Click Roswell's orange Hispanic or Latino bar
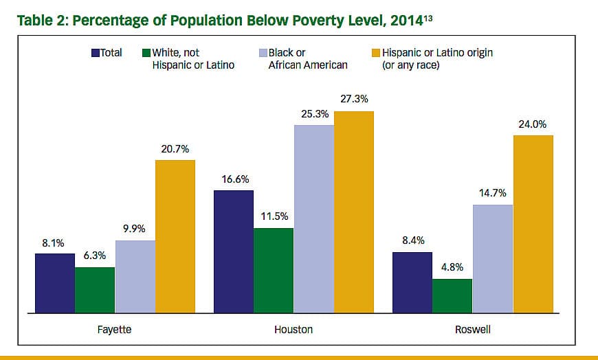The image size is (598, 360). pyautogui.click(x=533, y=224)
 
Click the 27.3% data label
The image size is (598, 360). pyautogui.click(x=354, y=99)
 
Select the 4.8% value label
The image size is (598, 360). pyautogui.click(x=452, y=267)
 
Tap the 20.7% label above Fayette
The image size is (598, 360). pyautogui.click(x=175, y=148)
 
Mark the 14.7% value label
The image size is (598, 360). pyautogui.click(x=492, y=192)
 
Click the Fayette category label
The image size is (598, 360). pyautogui.click(x=115, y=330)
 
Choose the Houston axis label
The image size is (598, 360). pyautogui.click(x=294, y=330)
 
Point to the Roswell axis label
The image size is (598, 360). pyautogui.click(x=472, y=330)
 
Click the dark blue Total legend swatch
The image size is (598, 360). pyautogui.click(x=96, y=52)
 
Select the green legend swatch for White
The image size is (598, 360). pyautogui.click(x=146, y=52)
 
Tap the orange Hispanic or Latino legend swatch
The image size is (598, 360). pyautogui.click(x=375, y=52)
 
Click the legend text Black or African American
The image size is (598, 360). pyautogui.click(x=307, y=58)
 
